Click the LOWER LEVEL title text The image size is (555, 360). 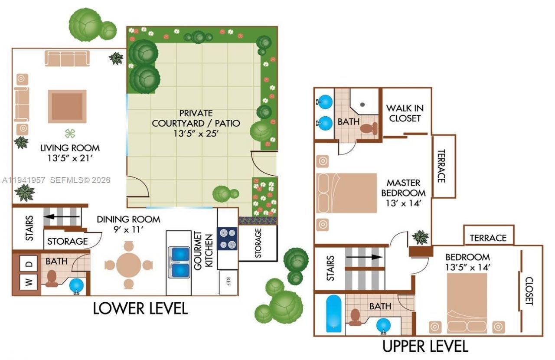pyautogui.click(x=140, y=308)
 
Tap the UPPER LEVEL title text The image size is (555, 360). pyautogui.click(x=424, y=347)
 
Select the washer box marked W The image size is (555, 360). pyautogui.click(x=29, y=283)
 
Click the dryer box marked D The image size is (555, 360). pyautogui.click(x=29, y=264)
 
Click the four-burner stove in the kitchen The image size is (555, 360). pyautogui.click(x=227, y=239)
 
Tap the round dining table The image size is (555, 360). pyautogui.click(x=128, y=265)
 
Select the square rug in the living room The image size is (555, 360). pyautogui.click(x=67, y=106)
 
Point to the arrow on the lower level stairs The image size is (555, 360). pyautogui.click(x=63, y=216)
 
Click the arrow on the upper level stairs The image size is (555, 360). pyautogui.click(x=364, y=256)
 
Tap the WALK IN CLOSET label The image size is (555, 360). pyautogui.click(x=405, y=113)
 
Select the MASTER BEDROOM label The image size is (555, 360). pyautogui.click(x=406, y=188)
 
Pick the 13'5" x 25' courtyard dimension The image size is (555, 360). pyautogui.click(x=196, y=134)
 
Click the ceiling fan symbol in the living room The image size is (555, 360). pyautogui.click(x=70, y=133)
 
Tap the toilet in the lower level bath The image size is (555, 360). pyautogui.click(x=52, y=278)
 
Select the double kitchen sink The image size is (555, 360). pyautogui.click(x=180, y=262)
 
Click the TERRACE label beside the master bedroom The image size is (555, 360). pyautogui.click(x=441, y=166)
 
